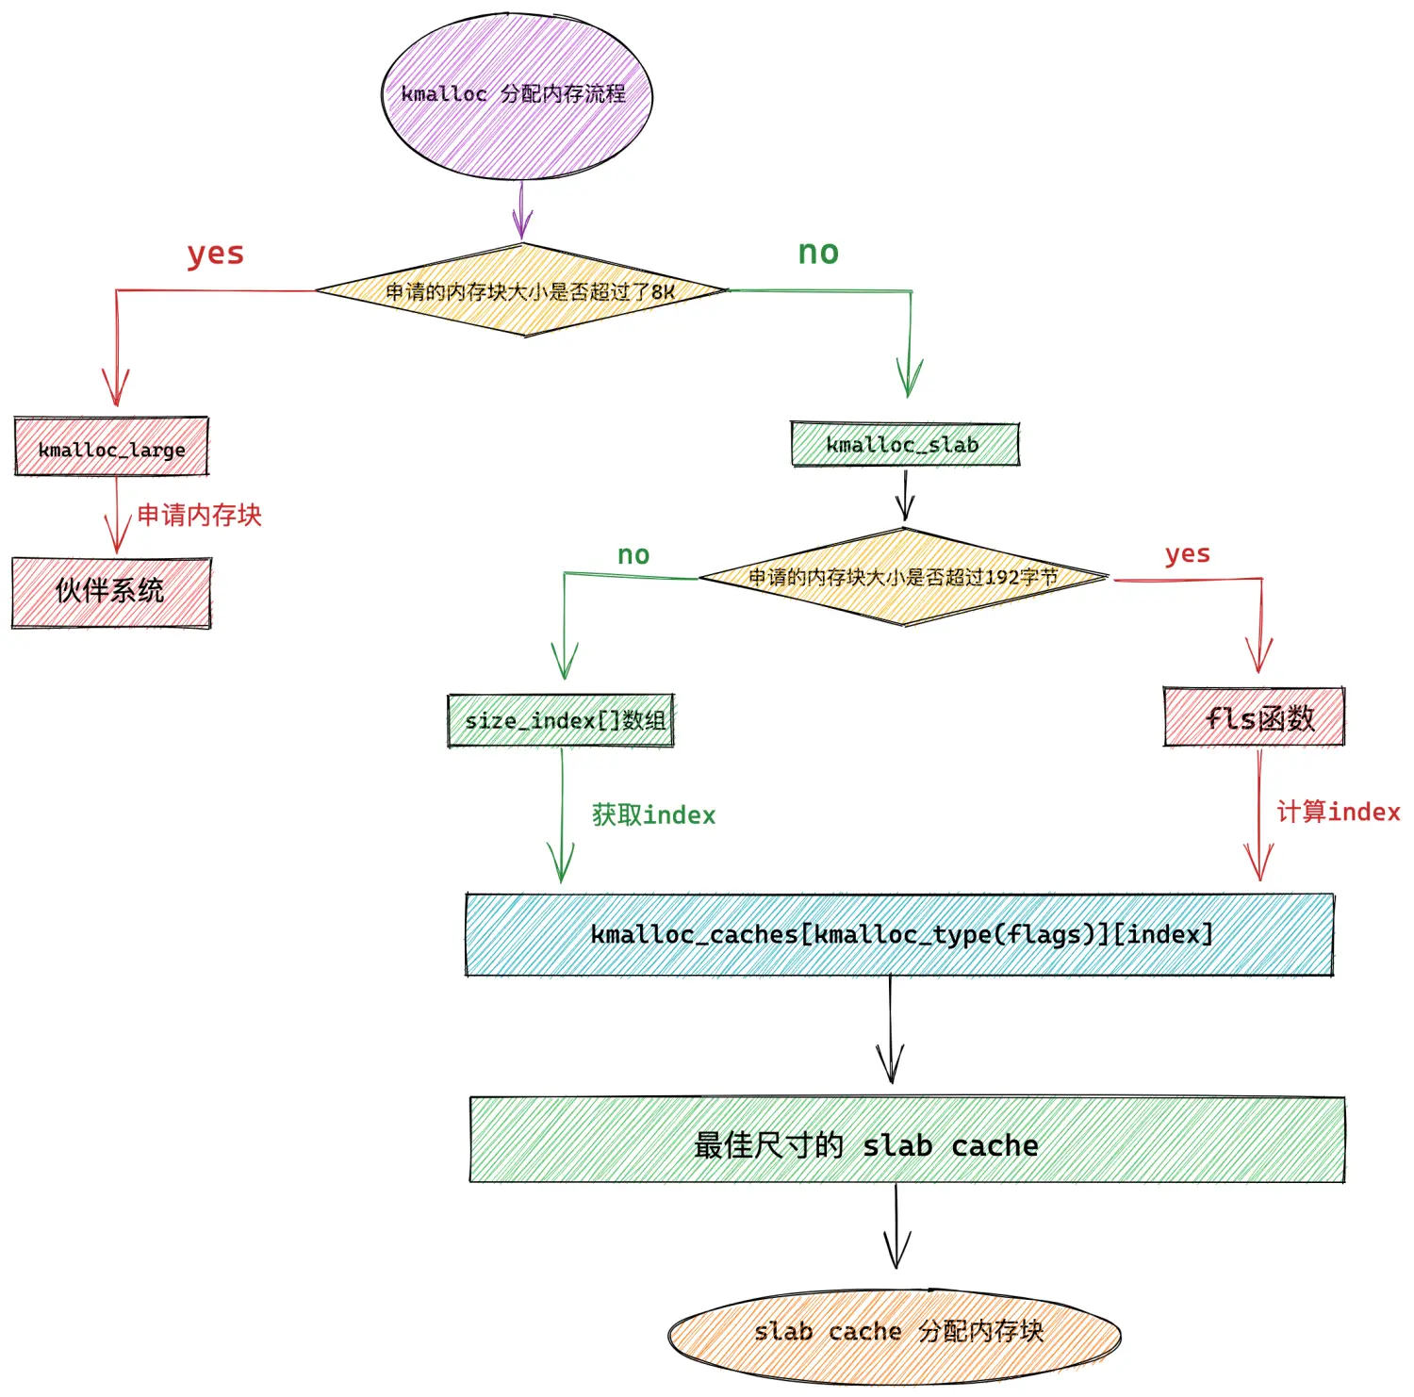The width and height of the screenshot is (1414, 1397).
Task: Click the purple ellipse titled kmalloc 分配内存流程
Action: [517, 95]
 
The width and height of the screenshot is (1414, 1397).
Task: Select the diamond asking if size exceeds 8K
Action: [522, 290]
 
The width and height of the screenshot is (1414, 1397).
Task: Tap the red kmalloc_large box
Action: [111, 447]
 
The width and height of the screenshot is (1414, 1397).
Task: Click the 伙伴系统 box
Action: [111, 592]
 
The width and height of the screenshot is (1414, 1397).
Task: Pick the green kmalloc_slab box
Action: [905, 444]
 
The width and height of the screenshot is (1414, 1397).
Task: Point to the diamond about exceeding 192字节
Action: [903, 577]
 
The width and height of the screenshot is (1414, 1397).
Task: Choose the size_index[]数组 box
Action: [561, 720]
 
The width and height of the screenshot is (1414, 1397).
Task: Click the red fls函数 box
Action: [1254, 717]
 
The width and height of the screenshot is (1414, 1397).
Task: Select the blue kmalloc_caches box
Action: [899, 934]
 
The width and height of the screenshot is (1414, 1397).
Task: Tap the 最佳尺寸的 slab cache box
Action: [907, 1140]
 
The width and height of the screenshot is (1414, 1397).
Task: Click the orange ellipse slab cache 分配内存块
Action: [895, 1335]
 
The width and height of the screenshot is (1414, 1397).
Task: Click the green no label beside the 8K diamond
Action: [818, 253]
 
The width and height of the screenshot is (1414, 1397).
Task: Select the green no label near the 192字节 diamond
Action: [633, 555]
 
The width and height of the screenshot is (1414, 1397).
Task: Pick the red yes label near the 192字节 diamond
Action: [1188, 554]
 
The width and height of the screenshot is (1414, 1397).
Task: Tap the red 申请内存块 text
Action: [199, 515]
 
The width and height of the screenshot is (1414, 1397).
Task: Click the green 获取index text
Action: [653, 814]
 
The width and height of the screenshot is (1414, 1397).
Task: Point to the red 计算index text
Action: [1339, 812]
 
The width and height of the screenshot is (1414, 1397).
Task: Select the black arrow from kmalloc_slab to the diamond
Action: [905, 495]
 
